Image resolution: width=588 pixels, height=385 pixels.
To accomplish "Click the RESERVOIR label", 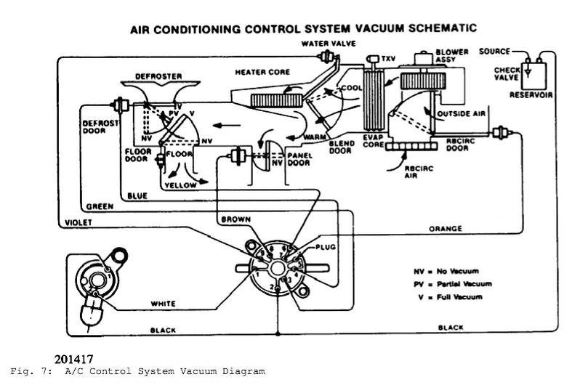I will click(x=531, y=94).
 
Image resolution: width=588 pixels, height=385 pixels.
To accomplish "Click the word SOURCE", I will click(x=494, y=52).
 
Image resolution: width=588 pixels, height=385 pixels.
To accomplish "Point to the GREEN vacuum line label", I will click(x=100, y=206).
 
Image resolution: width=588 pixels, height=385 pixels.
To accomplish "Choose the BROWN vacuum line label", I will click(x=235, y=217).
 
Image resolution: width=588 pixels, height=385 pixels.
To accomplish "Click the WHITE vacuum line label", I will click(x=165, y=303).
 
